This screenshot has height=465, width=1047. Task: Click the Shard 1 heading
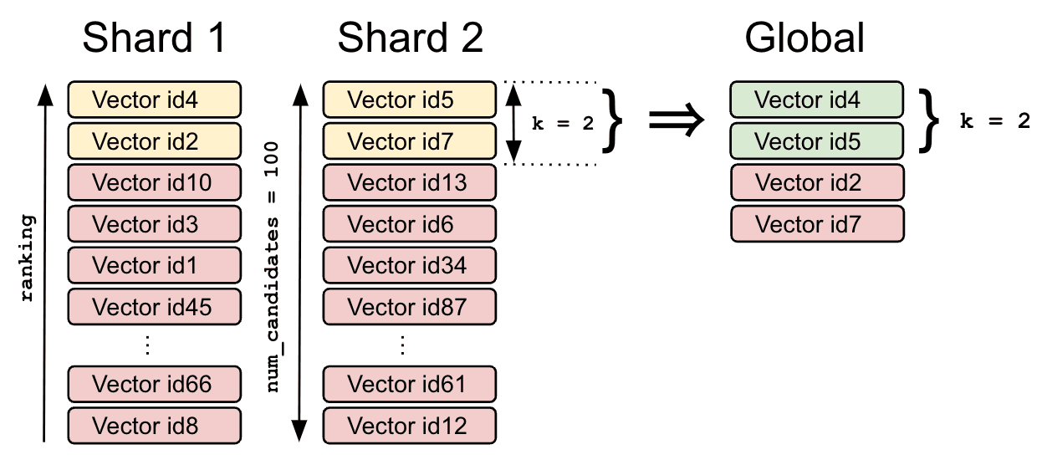[155, 38]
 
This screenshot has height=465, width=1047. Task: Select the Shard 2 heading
[410, 38]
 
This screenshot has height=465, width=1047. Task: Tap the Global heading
[804, 38]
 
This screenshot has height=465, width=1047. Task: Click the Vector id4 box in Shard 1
[154, 100]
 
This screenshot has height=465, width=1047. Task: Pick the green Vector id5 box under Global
[816, 141]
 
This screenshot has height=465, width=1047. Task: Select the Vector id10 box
[154, 182]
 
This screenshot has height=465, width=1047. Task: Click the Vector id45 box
[154, 307]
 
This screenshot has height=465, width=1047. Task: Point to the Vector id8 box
[154, 426]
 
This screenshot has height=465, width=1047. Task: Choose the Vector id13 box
[409, 182]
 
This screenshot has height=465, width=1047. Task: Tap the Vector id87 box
[409, 307]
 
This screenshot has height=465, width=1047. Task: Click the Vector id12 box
[409, 426]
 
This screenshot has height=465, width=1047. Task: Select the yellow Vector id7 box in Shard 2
[409, 141]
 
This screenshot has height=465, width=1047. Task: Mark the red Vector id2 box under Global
[816, 182]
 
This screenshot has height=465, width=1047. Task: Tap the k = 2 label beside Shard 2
[562, 123]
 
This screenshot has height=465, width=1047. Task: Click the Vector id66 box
[154, 384]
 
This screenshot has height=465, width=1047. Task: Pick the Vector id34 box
[409, 266]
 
